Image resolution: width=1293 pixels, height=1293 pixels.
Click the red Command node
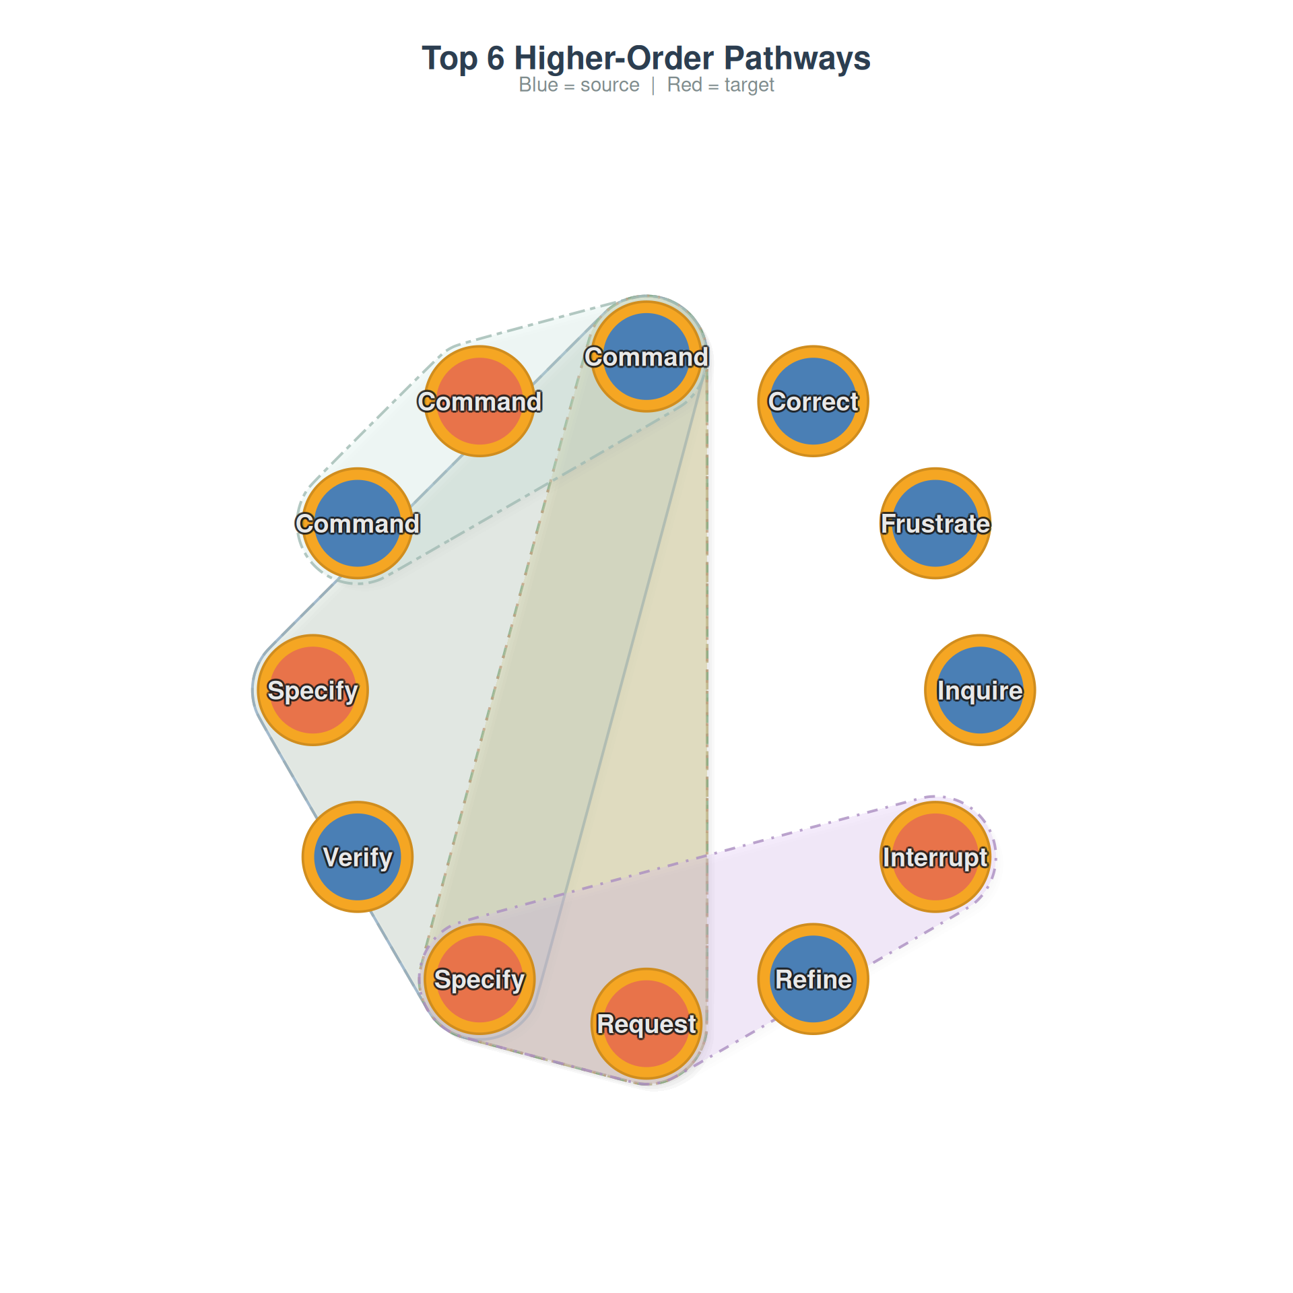(x=479, y=401)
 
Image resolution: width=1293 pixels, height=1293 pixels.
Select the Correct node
(x=813, y=401)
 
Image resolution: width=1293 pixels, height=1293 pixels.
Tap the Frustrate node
(x=935, y=523)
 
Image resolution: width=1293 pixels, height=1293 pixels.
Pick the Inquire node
(x=980, y=690)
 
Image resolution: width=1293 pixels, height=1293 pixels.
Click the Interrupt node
(x=935, y=857)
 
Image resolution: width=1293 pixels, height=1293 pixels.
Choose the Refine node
(x=813, y=979)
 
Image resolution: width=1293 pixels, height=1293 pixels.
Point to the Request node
(x=646, y=1024)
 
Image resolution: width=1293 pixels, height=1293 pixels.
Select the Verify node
(x=358, y=857)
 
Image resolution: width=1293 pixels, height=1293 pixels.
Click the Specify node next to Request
(x=479, y=979)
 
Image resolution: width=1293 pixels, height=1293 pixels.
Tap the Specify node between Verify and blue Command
(x=313, y=690)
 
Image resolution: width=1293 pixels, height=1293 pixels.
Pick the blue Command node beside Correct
(x=646, y=357)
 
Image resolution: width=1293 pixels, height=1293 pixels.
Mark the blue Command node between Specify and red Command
(x=358, y=523)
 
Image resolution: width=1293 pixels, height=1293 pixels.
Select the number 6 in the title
(x=496, y=59)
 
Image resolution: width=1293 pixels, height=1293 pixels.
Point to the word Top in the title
(x=449, y=59)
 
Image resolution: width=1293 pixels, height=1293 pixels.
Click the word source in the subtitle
(x=610, y=86)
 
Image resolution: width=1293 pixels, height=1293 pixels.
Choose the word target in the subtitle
(x=750, y=86)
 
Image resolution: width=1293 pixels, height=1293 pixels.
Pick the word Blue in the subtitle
(x=539, y=85)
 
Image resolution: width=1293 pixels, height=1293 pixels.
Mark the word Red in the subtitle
(x=685, y=85)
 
